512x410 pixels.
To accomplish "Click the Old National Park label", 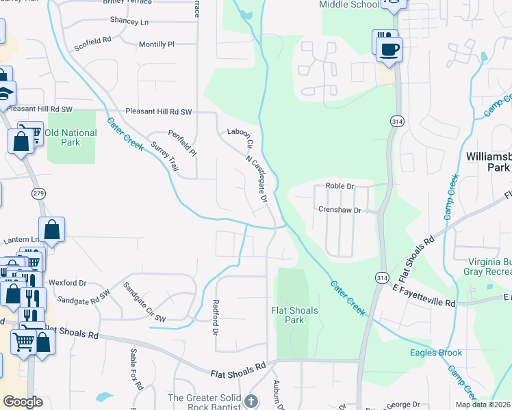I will coord(71,137).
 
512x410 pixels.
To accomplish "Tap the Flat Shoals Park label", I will coord(294,315).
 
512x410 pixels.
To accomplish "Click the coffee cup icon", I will coord(389,50).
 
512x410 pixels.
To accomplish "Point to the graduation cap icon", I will coord(5,94).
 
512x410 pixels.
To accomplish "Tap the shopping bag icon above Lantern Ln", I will coord(52,230).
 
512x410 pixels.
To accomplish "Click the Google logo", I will coord(23,402).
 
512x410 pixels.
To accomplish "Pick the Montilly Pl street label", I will coord(157,44).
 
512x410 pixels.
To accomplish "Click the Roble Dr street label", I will coord(340,185).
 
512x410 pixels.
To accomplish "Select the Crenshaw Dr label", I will coord(339,210).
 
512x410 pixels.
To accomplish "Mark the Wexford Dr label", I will coord(67,282).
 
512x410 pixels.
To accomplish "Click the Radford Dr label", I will coord(216,317).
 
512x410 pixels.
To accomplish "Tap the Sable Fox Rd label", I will coord(136,368).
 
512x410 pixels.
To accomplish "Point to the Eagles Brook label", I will coord(436,353).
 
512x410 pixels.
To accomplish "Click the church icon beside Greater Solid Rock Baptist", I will coord(251,400).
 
